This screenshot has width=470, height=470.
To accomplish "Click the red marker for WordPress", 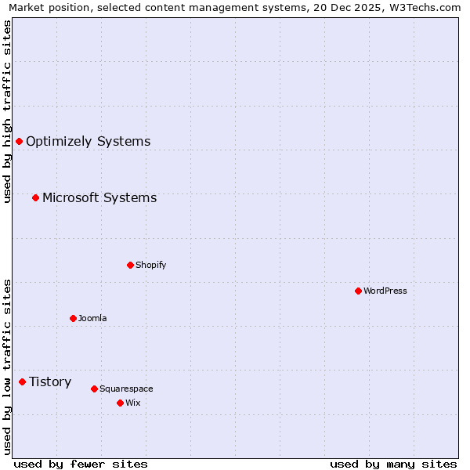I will click(358, 291).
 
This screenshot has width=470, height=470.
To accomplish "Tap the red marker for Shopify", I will click(130, 265).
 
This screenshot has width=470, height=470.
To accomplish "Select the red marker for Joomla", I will click(73, 318).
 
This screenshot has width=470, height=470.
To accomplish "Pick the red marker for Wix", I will click(120, 403).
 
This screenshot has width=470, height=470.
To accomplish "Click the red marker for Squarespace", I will click(94, 389).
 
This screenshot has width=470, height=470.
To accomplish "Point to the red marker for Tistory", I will click(22, 381).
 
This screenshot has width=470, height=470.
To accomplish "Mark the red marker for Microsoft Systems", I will click(35, 197).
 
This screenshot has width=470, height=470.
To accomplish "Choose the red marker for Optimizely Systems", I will click(19, 141).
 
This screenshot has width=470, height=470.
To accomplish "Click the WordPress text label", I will click(385, 291).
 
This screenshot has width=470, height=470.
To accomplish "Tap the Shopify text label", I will click(151, 265).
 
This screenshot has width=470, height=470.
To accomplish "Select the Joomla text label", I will click(92, 318).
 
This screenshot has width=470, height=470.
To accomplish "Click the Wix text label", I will click(133, 403).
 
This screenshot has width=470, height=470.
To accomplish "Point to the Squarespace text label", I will click(126, 389).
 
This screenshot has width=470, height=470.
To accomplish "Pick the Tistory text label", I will click(50, 381).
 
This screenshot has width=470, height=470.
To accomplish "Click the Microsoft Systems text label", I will click(99, 197).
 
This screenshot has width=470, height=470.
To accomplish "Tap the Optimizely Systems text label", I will click(88, 141).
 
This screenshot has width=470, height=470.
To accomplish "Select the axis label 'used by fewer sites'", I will click(81, 464).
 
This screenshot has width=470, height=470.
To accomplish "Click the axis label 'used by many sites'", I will click(393, 464).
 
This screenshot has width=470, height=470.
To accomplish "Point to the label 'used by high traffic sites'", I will click(7, 111).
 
